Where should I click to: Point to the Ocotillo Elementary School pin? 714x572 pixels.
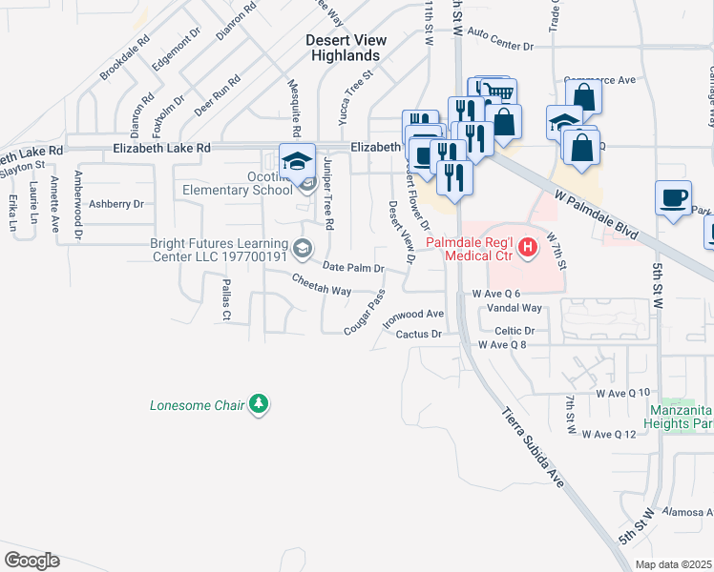[x=298, y=161]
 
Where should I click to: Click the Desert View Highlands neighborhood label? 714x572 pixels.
[x=346, y=48]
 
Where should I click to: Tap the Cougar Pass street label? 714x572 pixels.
[x=364, y=312]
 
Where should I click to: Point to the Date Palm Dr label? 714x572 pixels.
[x=353, y=268]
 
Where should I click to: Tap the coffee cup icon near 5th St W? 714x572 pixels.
[x=674, y=197]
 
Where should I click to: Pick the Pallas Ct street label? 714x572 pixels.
[x=226, y=299]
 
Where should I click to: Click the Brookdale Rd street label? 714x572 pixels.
[x=126, y=57]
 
